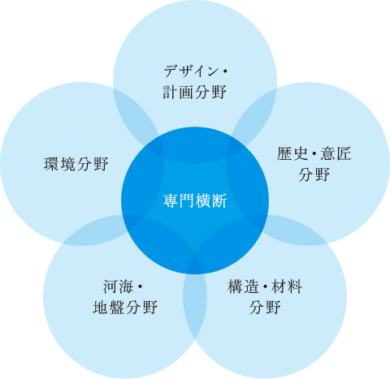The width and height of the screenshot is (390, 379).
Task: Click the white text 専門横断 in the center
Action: coord(195,200)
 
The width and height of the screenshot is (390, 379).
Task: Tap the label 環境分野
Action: coord(76,164)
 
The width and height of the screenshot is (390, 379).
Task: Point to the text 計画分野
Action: coord(195,92)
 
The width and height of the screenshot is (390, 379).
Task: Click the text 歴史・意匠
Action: coord(314,153)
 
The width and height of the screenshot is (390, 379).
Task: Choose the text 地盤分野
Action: coord(125,307)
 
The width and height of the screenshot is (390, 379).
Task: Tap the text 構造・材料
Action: coord(265,286)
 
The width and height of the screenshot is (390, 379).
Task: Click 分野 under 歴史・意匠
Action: coord(314,174)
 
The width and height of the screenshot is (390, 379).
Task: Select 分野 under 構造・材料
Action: coord(265,307)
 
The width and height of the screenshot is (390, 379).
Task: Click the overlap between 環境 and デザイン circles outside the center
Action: coord(136,114)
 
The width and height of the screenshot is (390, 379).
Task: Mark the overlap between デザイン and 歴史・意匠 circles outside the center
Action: coord(254,114)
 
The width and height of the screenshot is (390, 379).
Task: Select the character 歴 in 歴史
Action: coord(284,153)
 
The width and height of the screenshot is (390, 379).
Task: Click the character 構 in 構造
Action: coord(235,286)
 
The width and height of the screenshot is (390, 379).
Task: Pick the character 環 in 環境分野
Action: coord(51,164)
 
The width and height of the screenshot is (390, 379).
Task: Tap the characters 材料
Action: coord(287,286)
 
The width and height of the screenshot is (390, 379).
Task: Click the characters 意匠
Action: coord(336,153)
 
